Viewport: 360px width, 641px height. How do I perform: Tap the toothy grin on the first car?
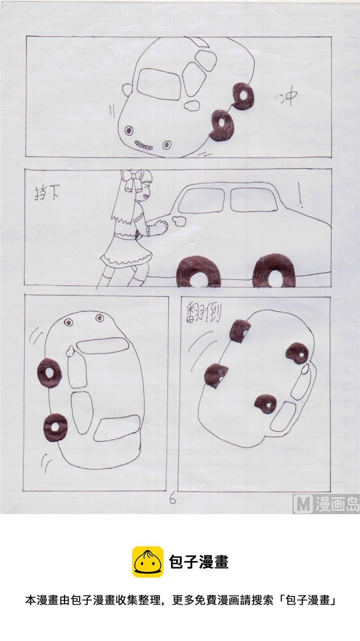pos(143,145)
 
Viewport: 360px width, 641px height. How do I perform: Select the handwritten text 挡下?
pos(47,193)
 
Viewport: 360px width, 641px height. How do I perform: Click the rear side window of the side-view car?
pos(253,199)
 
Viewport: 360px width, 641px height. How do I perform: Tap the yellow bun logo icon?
pos(148,562)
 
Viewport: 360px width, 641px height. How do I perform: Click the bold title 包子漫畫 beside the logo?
pos(198,562)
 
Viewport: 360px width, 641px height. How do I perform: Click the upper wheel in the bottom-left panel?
pos(49,372)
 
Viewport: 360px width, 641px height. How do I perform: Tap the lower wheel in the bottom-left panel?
pos(55,427)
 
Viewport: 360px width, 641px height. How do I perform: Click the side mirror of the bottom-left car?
pos(70,351)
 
